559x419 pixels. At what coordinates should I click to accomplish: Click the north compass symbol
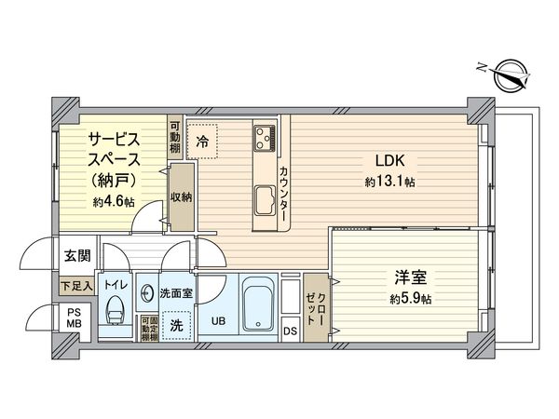tap(510, 73)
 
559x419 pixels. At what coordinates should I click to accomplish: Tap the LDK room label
tap(389, 157)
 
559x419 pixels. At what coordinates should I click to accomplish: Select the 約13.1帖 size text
tap(389, 182)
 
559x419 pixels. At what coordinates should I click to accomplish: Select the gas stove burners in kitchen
tap(264, 139)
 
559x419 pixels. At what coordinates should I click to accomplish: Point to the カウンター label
tap(283, 192)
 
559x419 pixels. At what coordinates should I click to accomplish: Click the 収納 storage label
tap(180, 197)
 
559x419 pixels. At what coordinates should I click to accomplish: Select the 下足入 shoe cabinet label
tap(75, 286)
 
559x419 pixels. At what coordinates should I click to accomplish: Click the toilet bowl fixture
tap(116, 308)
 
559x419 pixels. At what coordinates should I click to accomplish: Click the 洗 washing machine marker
tap(175, 325)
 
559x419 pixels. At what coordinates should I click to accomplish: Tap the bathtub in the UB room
tap(254, 304)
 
